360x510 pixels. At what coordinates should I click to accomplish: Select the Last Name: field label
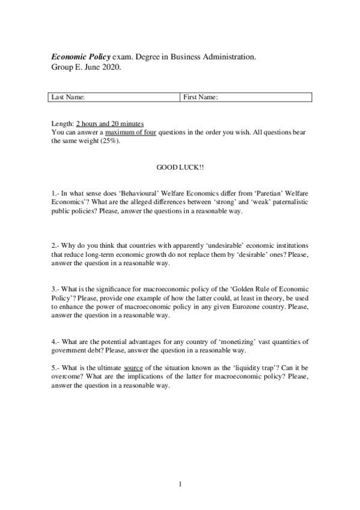pos(68,97)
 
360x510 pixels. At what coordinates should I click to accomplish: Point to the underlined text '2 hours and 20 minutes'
pos(110,123)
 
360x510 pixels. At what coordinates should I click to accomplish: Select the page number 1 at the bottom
pos(180,483)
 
